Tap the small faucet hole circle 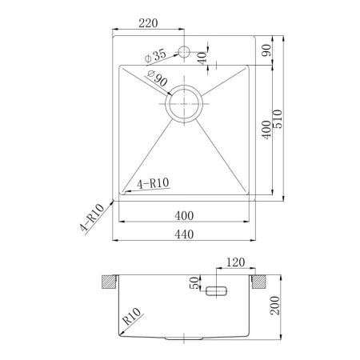click(184, 53)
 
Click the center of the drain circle click(184, 102)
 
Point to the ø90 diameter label click(157, 80)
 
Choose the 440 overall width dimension click(185, 234)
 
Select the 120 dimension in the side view click(235, 263)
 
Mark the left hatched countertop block click(106, 283)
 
